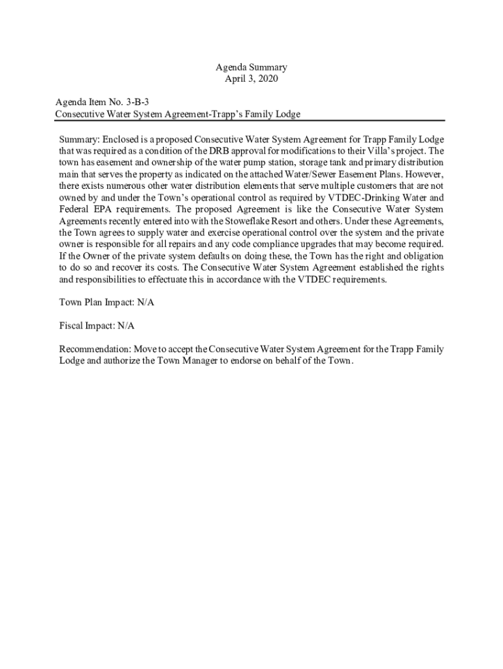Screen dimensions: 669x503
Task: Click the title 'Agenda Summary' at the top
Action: click(252, 67)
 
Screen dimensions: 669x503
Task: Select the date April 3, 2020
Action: click(252, 79)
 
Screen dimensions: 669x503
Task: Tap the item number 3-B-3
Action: click(144, 103)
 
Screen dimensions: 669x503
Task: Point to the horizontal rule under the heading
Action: click(250, 121)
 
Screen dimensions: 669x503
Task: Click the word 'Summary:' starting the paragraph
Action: click(79, 139)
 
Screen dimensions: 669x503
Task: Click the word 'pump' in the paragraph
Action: click(255, 162)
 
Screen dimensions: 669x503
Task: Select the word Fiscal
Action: click(73, 325)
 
